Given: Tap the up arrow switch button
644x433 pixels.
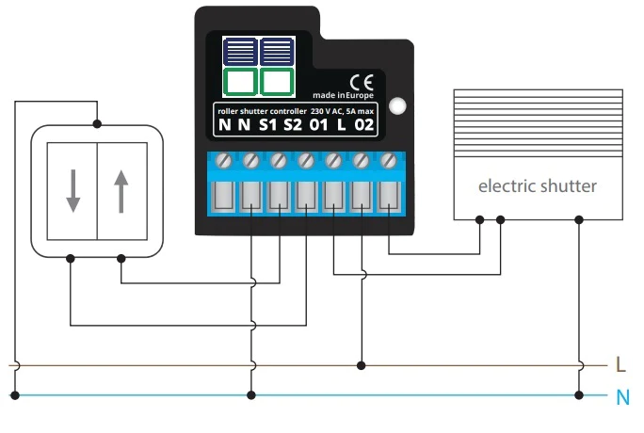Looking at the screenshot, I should click(121, 190).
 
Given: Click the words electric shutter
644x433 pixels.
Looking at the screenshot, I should click(537, 185).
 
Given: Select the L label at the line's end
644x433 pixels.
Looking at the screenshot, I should click(620, 364).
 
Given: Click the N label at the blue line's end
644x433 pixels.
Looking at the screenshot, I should click(621, 396).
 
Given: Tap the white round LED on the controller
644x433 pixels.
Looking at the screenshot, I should click(397, 105).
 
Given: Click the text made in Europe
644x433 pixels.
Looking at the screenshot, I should click(345, 96).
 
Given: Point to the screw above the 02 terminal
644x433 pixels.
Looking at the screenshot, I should click(387, 162).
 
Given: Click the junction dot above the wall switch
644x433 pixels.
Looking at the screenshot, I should click(97, 122).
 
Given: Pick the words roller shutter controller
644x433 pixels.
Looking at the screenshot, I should click(261, 110).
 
